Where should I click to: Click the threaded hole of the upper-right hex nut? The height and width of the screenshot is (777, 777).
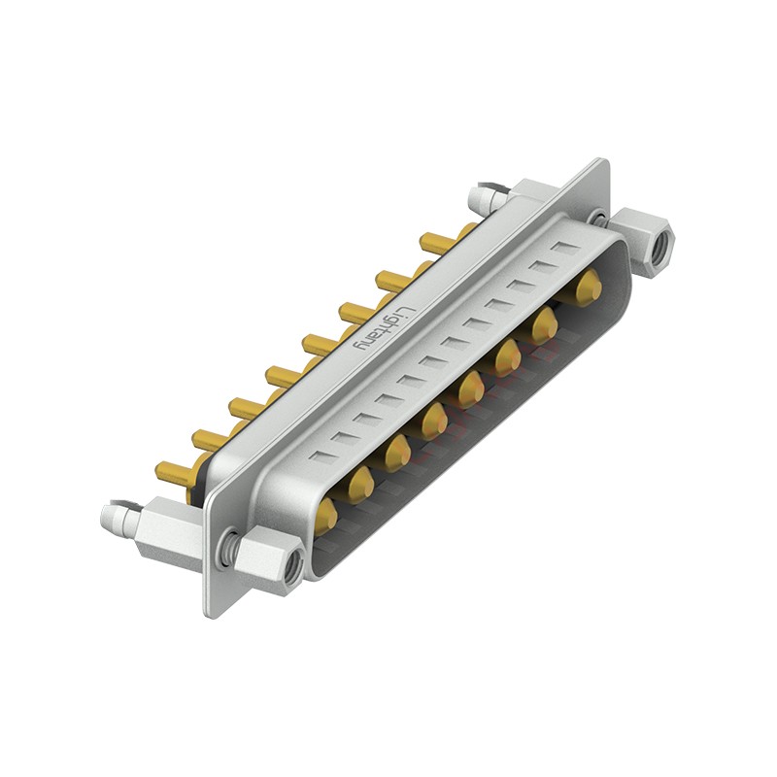coord(659,245)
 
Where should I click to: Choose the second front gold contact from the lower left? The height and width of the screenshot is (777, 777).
coord(361,483)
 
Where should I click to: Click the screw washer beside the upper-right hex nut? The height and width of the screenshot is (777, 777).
coord(599,220)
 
